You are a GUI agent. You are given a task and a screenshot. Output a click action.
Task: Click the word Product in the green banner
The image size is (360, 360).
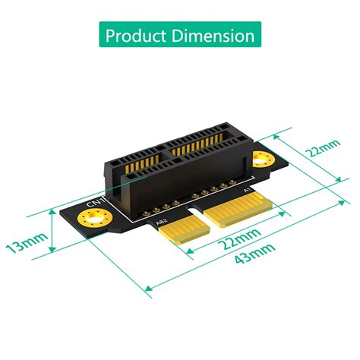tap(137, 36)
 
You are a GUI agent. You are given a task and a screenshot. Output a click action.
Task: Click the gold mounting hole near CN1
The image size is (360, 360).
tap(94, 224)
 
